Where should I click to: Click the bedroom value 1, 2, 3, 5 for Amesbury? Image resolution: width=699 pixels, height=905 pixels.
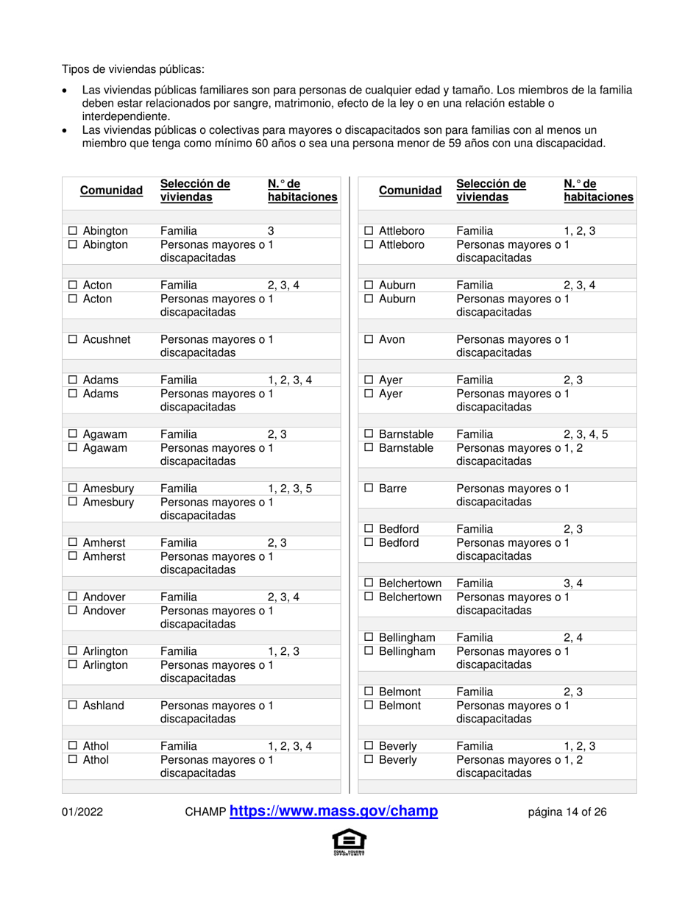pos(290,489)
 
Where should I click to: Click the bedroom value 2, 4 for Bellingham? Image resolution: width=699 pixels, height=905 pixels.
pos(573,637)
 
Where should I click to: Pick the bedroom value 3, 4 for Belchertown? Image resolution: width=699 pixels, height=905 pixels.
pos(573,583)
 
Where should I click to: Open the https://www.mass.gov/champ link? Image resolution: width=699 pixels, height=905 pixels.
pos(334,812)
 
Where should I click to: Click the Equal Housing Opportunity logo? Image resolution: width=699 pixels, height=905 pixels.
pos(349,842)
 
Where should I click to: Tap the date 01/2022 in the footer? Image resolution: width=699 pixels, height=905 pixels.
pos(82,812)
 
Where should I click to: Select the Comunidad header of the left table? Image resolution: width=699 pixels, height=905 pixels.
pos(111,191)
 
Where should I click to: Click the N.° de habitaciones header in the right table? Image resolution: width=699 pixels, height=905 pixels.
pos(598,191)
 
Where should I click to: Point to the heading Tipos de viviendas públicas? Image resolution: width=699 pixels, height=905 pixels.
pos(133,70)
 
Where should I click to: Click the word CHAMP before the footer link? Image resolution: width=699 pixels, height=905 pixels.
pos(205,812)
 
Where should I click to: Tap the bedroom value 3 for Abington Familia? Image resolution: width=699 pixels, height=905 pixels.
pos(271,232)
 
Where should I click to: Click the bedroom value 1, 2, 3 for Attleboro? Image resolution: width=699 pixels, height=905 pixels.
pos(580,232)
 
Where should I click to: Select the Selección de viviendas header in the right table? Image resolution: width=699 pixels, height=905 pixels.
pos(491,191)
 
